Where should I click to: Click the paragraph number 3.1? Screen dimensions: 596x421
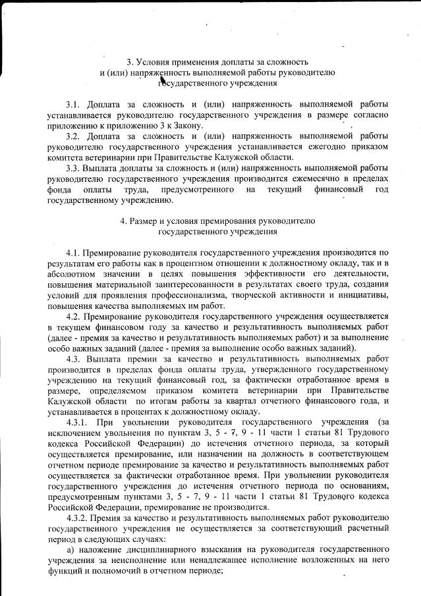74,104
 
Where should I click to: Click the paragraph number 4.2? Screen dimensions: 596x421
75,316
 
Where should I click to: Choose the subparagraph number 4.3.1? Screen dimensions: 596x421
80,422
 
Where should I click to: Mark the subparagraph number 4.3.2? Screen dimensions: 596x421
81,518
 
